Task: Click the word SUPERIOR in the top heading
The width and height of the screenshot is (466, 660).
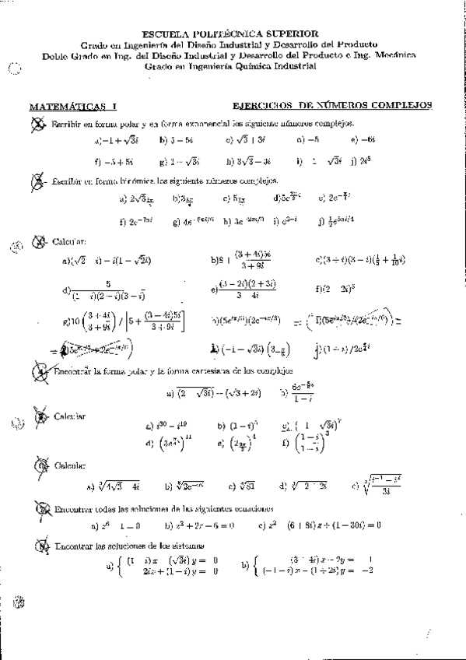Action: pos(291,34)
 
